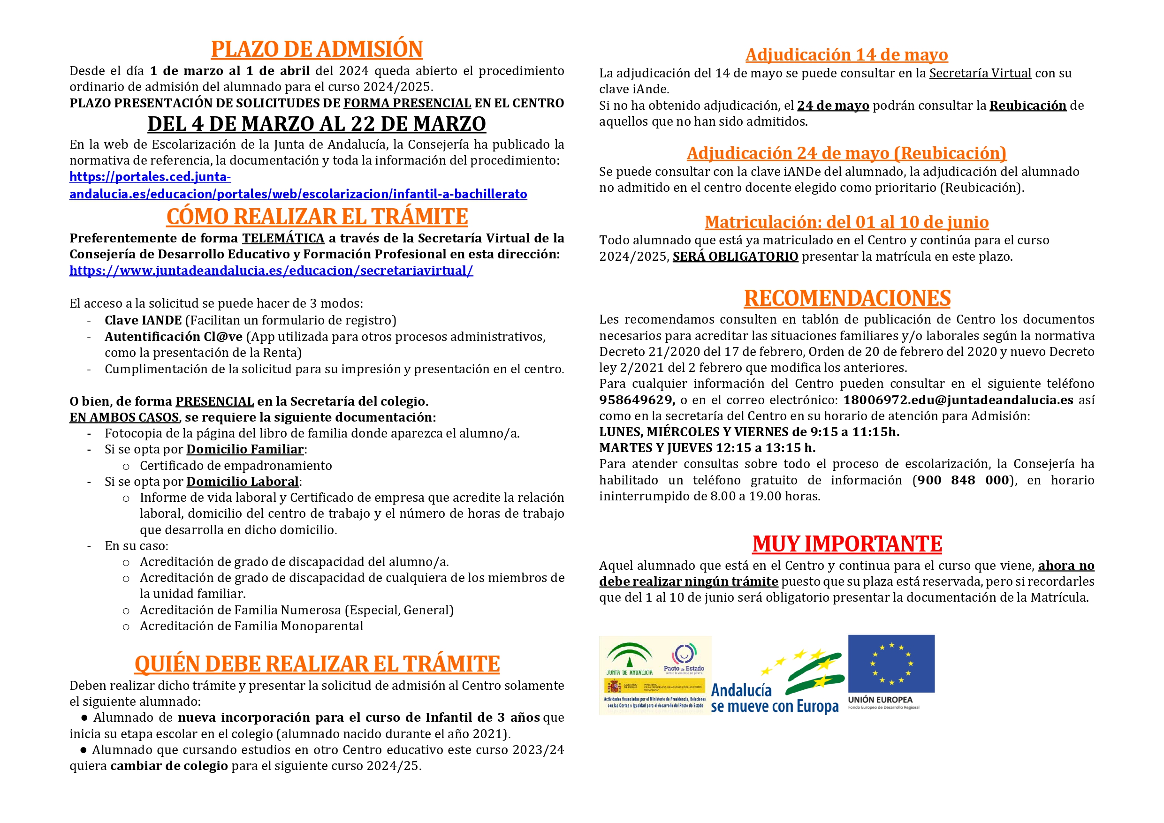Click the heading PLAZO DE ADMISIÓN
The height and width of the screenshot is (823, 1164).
pyautogui.click(x=316, y=49)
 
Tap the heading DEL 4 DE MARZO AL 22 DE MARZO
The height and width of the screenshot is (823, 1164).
pyautogui.click(x=316, y=124)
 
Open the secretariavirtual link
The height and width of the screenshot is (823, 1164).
pyautogui.click(x=271, y=271)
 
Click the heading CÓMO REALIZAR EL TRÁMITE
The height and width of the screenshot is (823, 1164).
pyautogui.click(x=317, y=217)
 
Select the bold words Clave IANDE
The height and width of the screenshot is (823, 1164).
pyautogui.click(x=143, y=320)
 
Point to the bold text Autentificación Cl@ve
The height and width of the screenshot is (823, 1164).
pyautogui.click(x=174, y=337)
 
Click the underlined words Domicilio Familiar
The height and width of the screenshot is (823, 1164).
pyautogui.click(x=245, y=450)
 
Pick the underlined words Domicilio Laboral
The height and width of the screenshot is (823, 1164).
pyautogui.click(x=243, y=482)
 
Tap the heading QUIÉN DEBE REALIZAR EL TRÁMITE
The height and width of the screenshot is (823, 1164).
pyautogui.click(x=317, y=664)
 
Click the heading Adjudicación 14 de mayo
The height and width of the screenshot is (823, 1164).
pyautogui.click(x=847, y=55)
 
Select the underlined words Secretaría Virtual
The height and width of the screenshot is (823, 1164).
pyautogui.click(x=980, y=74)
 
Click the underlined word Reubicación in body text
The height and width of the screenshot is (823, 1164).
pyautogui.click(x=1027, y=106)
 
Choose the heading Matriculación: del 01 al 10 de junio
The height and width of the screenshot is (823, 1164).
pyautogui.click(x=847, y=222)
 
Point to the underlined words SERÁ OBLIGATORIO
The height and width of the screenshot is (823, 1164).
pyautogui.click(x=735, y=257)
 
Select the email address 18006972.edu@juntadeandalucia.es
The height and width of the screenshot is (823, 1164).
pyautogui.click(x=958, y=400)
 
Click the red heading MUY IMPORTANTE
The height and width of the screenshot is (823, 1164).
pyautogui.click(x=847, y=544)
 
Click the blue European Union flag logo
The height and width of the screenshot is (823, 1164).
pyautogui.click(x=891, y=664)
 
